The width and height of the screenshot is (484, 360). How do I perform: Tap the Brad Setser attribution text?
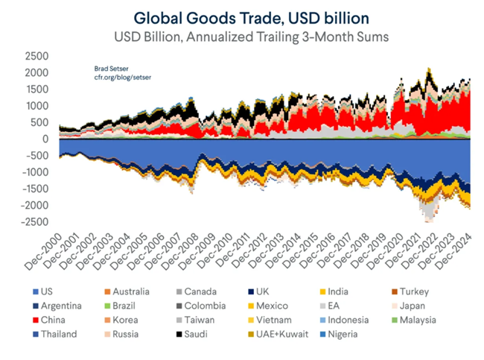tap(104, 67)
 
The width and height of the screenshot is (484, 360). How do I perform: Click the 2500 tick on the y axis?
tap(36, 56)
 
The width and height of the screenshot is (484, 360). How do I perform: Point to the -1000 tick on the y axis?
tap(34, 172)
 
